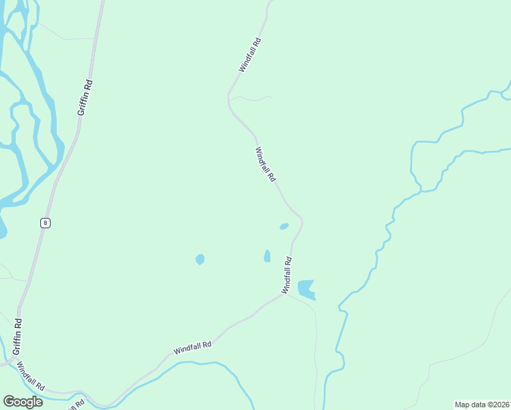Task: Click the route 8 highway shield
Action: [45, 223]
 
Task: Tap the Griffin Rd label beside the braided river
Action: [85, 97]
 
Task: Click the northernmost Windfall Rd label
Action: [250, 55]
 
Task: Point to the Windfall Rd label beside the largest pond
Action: [288, 275]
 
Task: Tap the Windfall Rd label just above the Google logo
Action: [31, 376]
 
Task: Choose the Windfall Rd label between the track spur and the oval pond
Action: [265, 165]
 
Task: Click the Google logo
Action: [23, 402]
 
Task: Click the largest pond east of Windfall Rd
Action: [307, 288]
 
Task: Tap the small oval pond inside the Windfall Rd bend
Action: [284, 226]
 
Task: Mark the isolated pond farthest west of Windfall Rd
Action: [199, 260]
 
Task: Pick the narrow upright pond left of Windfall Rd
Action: [267, 256]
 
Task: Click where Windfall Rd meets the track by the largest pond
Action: [284, 295]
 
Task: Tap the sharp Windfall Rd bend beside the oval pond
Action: [301, 220]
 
